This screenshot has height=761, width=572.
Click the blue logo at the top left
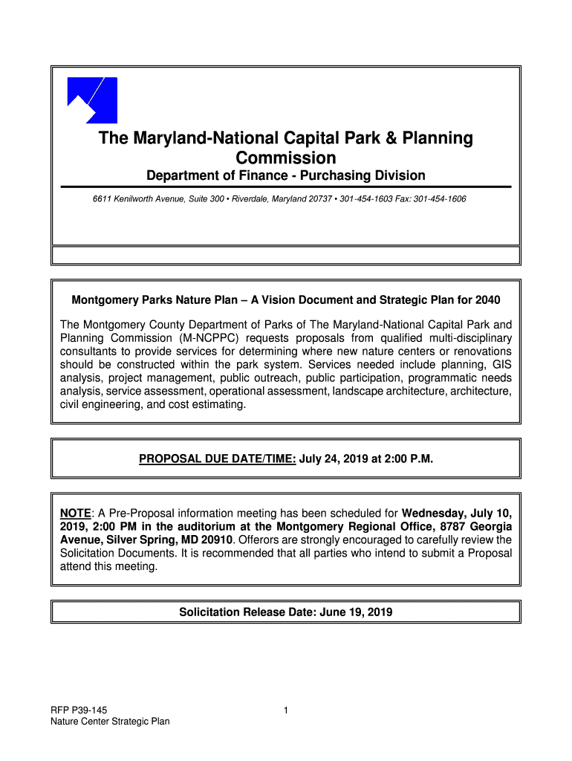tap(92, 100)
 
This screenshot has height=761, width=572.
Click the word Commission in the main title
tap(285, 158)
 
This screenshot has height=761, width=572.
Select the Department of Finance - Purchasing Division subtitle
tap(285, 176)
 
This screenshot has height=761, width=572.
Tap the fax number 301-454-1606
tap(440, 200)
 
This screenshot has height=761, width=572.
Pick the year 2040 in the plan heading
tap(487, 300)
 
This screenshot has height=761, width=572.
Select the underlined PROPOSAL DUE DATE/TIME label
tap(218, 459)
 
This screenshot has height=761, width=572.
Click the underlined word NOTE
tap(76, 513)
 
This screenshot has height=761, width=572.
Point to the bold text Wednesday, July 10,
tap(456, 513)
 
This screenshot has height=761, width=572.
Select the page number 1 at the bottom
tap(286, 710)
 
